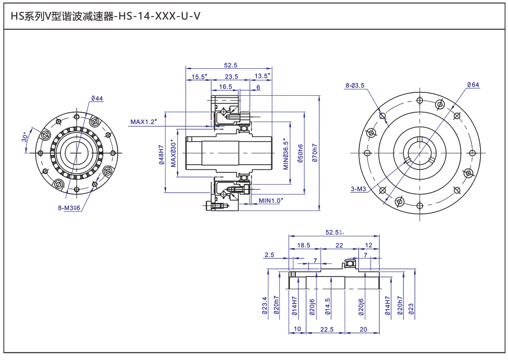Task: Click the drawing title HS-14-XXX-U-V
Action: coord(160,16)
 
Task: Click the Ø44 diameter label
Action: coord(97,98)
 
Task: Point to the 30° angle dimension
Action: coord(25,137)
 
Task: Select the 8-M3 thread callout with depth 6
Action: coord(69,208)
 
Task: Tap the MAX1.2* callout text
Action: coord(144,122)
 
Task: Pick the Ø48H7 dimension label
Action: coord(161,155)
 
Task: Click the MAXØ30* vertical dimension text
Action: coord(173,153)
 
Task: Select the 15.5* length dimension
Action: coord(199,76)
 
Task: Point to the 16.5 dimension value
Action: coord(225,87)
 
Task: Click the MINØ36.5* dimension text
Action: coord(286,154)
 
